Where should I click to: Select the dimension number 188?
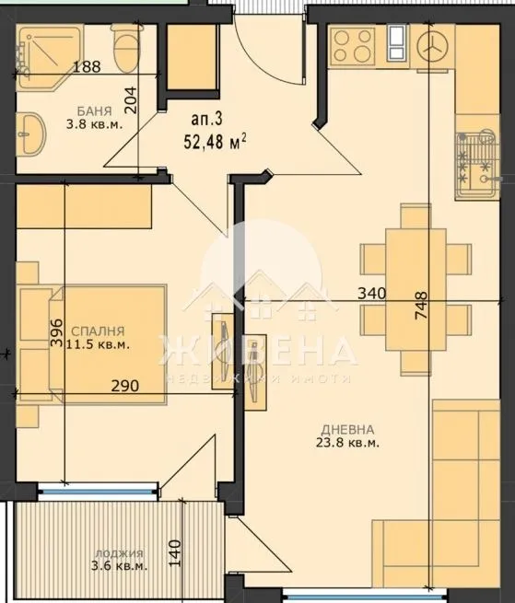tap(88, 65)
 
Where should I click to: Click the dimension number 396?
tap(54, 332)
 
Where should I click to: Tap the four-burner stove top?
tap(350, 41)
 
